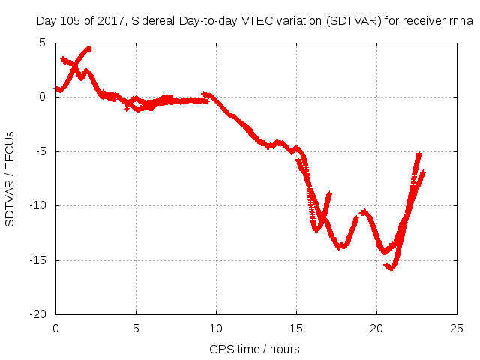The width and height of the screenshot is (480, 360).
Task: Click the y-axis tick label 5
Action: [x=43, y=42]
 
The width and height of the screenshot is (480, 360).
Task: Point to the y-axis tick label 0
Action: [x=43, y=97]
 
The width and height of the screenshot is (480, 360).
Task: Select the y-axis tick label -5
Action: [x=41, y=151]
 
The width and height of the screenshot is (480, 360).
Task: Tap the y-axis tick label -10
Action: [x=38, y=205]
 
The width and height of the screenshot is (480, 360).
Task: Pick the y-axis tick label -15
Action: [x=38, y=260]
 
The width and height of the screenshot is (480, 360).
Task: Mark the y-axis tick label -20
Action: [x=38, y=314]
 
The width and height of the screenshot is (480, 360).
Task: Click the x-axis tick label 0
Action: [x=55, y=328]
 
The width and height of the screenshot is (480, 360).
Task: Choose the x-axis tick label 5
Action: [x=136, y=328]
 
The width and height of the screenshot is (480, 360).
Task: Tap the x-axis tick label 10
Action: [x=216, y=328]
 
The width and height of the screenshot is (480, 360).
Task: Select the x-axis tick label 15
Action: [x=296, y=328]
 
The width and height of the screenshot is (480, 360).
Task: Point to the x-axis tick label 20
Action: [x=376, y=328]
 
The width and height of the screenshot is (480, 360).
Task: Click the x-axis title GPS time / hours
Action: [x=254, y=349]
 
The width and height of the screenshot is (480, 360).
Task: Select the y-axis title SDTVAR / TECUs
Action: [x=10, y=178]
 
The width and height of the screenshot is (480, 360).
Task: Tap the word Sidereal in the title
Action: [x=154, y=20]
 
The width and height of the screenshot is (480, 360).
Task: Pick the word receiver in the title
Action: [x=410, y=20]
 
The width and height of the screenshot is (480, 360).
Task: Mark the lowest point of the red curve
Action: [x=391, y=268]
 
